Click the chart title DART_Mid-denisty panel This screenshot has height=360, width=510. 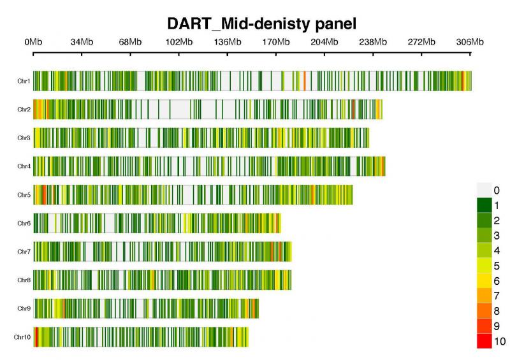coord(262,24)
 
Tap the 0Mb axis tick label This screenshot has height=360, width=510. coord(33,42)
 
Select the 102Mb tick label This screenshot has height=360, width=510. coord(179,42)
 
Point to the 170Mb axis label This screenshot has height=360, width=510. coord(276,42)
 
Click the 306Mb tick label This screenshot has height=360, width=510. coord(470,42)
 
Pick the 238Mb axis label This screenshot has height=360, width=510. coord(373,42)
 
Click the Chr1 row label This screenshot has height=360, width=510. coord(24,81)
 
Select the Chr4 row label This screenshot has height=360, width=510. coord(24,166)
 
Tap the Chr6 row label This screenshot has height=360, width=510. coord(24,223)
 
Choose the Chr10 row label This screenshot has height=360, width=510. coord(22,337)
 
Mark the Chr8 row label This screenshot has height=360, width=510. coord(24,280)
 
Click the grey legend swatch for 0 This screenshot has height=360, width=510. coord(484,191)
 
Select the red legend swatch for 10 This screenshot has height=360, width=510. coord(484,341)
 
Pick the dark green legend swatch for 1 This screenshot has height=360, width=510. coord(484,206)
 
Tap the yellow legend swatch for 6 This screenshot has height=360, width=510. coord(484,280)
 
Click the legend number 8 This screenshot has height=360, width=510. coord(497,311)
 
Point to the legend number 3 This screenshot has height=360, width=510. coord(497,236)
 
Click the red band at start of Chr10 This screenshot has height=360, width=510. coord(36,337)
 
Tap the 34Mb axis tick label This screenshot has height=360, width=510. coord(82,42)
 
